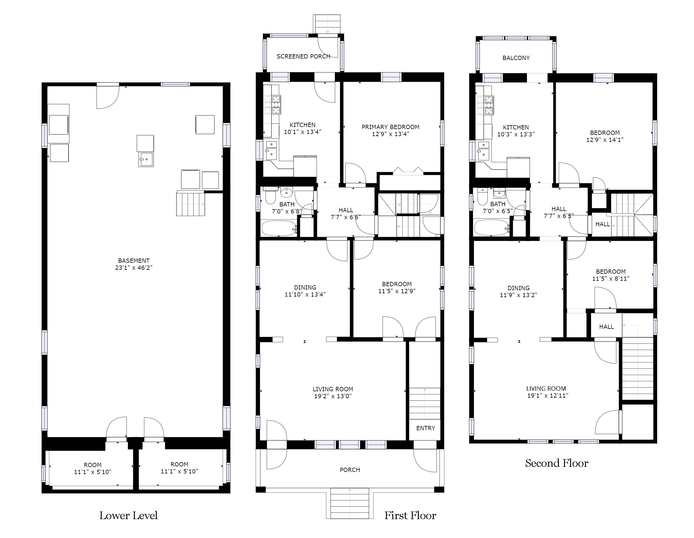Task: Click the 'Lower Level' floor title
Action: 128,515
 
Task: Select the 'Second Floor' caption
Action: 556,463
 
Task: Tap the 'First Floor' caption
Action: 410,515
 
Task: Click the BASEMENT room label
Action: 134,261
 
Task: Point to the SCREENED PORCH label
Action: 303,56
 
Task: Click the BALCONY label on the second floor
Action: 516,58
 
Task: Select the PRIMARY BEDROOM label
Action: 391,127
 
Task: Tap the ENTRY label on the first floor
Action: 426,428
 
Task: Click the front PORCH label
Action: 350,470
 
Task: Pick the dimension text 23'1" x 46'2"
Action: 134,268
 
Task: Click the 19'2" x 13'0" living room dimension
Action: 333,396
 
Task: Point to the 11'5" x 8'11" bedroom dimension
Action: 611,278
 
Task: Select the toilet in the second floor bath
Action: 482,196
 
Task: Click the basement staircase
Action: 191,204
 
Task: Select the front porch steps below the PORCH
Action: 349,503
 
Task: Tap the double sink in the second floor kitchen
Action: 483,151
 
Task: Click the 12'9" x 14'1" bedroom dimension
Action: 605,139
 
